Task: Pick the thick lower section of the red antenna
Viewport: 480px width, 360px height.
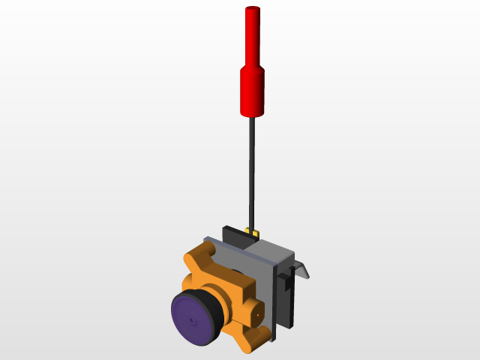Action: [253, 91]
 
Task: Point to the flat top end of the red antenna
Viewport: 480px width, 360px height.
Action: [253, 9]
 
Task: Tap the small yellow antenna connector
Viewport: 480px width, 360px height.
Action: [256, 233]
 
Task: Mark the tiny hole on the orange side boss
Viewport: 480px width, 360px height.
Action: [258, 315]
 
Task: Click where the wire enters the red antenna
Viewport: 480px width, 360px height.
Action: [252, 116]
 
